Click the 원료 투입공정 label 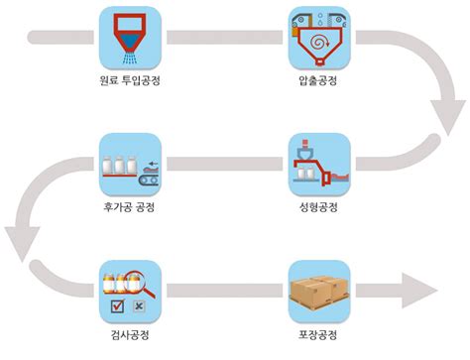(x=129, y=81)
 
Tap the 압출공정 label (x=317, y=81)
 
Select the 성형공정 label (x=317, y=207)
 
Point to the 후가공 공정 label (x=129, y=207)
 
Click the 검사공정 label (x=129, y=335)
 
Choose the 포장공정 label (x=317, y=335)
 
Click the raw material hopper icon (x=129, y=37)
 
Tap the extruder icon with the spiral (x=317, y=37)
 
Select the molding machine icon (x=317, y=164)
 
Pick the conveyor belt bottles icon (x=129, y=164)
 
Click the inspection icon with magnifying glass (x=129, y=290)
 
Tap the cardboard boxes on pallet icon (x=317, y=290)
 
